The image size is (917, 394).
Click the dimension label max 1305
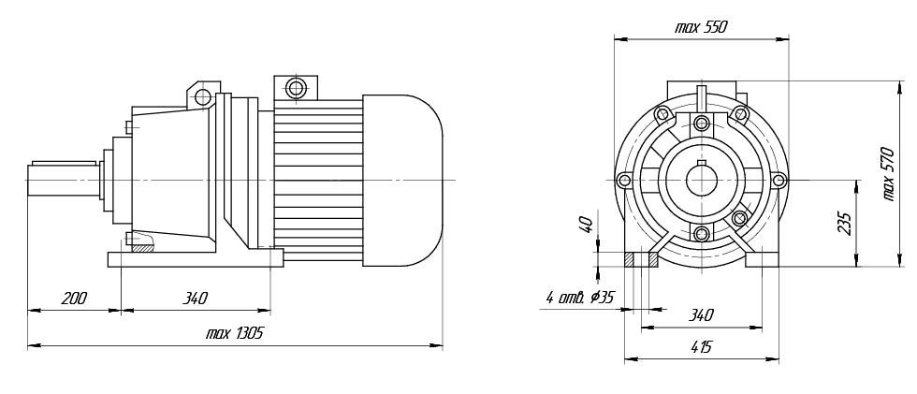click(235, 334)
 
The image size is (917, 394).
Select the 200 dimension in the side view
click(74, 299)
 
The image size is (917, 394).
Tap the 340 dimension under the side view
click(195, 299)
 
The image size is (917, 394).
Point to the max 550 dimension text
click(701, 27)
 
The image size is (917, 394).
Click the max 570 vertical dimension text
click(888, 174)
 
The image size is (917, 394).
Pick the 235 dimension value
click(844, 223)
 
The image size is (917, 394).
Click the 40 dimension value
click(588, 224)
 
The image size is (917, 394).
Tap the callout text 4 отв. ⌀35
click(579, 298)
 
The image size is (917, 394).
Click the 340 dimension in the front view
click(701, 315)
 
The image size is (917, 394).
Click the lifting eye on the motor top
click(296, 88)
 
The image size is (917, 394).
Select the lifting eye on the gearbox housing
click(202, 95)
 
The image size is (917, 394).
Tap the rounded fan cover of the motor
click(402, 180)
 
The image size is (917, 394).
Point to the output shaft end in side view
click(63, 179)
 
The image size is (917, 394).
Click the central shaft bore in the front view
click(701, 180)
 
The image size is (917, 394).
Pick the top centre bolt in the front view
click(702, 124)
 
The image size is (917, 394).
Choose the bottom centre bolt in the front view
click(702, 234)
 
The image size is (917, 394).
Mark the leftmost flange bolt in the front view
click(625, 180)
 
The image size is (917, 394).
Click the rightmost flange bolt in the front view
click(779, 180)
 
